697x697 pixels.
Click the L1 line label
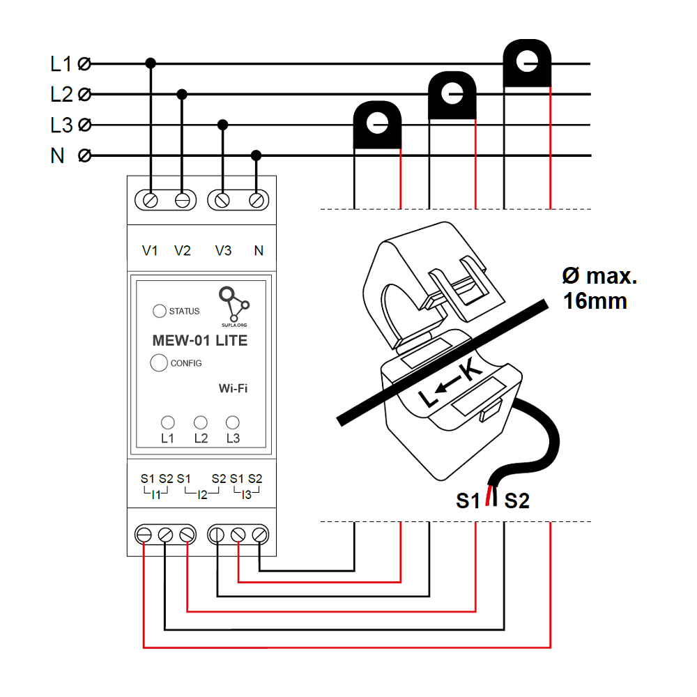pyautogui.click(x=61, y=64)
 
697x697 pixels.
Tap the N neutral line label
pyautogui.click(x=58, y=155)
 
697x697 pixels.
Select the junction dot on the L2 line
pyautogui.click(x=182, y=94)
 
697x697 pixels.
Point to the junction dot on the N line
pyautogui.click(x=256, y=155)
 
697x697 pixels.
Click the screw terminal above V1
pyautogui.click(x=150, y=200)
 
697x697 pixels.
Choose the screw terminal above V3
pyautogui.click(x=222, y=200)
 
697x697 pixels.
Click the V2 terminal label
pyautogui.click(x=183, y=251)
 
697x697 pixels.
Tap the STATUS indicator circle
pyautogui.click(x=160, y=312)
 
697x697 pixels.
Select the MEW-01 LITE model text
pyautogui.click(x=199, y=341)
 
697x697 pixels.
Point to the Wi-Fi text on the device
pyautogui.click(x=233, y=388)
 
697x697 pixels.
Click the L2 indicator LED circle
pyautogui.click(x=201, y=422)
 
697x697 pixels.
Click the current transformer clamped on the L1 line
pyautogui.click(x=527, y=64)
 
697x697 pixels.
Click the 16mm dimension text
pyautogui.click(x=595, y=301)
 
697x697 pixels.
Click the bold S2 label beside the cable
pyautogui.click(x=516, y=500)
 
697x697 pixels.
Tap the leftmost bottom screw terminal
pyautogui.click(x=144, y=535)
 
